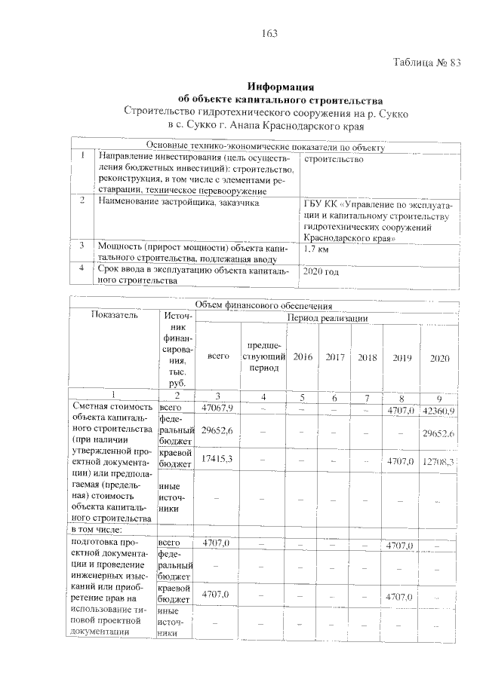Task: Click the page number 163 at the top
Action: point(269,33)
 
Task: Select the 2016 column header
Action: point(303,356)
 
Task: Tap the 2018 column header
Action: point(367,356)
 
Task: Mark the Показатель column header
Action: point(115,316)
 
